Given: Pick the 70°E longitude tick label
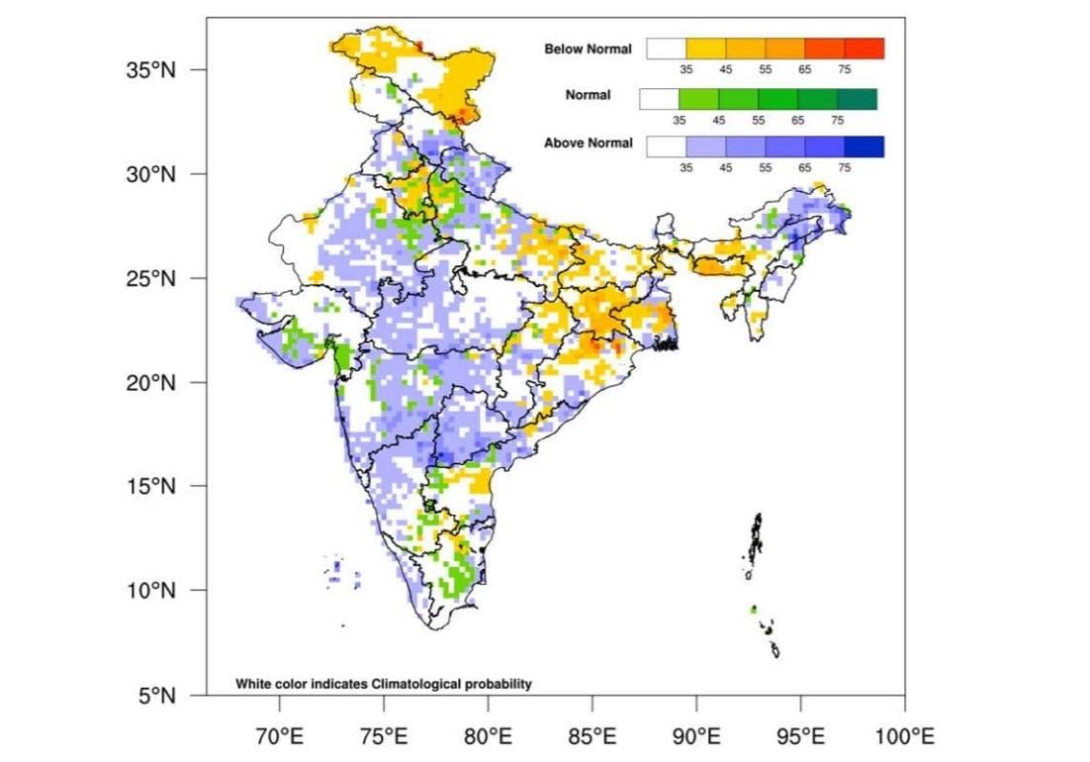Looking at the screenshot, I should (x=279, y=736).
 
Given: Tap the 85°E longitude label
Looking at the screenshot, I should (x=591, y=736).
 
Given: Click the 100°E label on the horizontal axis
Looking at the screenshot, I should (x=904, y=736).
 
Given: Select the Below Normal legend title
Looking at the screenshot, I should (x=588, y=48).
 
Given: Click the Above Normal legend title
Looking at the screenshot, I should (x=588, y=143).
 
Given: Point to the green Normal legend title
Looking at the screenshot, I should (x=588, y=96).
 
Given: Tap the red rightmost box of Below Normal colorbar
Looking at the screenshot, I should (x=864, y=48).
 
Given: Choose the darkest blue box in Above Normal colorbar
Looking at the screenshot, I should (x=864, y=146).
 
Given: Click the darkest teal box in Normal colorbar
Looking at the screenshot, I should (x=857, y=99).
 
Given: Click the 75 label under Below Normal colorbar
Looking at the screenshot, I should (x=844, y=69).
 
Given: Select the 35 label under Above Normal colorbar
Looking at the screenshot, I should (x=685, y=167).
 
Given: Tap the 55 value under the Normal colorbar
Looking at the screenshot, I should (x=758, y=120).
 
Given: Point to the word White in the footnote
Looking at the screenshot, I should (x=253, y=683).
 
